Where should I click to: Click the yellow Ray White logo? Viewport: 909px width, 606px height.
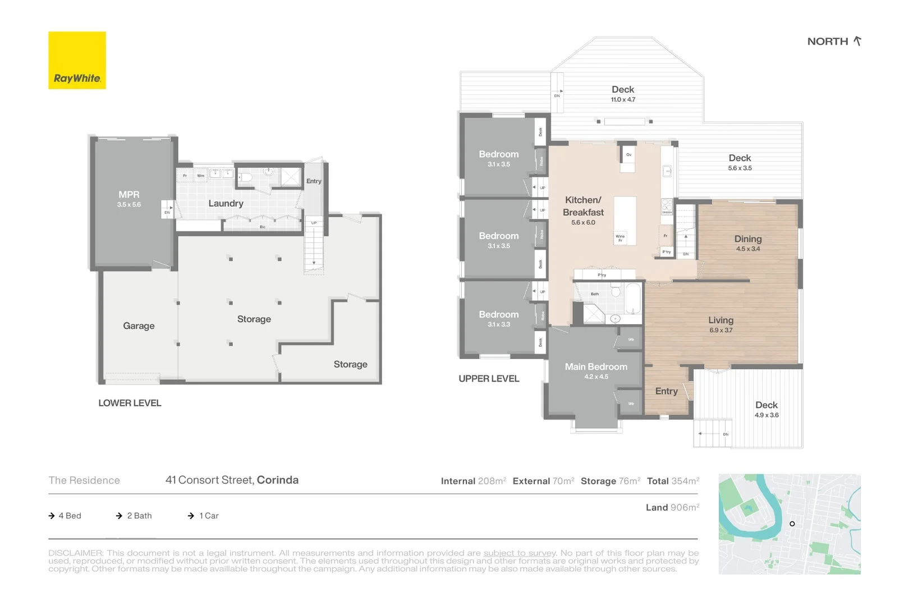(77, 60)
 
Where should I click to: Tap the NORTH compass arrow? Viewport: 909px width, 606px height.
(857, 41)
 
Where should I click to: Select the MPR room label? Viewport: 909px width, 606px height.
(128, 195)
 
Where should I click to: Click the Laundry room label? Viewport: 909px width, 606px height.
(226, 204)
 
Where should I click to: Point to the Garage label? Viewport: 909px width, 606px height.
(139, 326)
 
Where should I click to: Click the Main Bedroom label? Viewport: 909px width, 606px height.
(596, 367)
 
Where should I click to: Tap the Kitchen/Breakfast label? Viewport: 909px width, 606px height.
(583, 206)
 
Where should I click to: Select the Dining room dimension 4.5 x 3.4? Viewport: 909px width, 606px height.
(748, 249)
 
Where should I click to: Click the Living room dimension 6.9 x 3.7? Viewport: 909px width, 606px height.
(720, 330)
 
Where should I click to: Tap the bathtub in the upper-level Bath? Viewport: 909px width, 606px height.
(633, 299)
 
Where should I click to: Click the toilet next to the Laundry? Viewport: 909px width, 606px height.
(246, 178)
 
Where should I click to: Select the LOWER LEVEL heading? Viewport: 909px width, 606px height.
(130, 403)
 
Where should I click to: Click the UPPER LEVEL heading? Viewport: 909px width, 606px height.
(489, 379)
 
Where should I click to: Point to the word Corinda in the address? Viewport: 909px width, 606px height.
(277, 480)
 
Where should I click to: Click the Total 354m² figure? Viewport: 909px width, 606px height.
(673, 481)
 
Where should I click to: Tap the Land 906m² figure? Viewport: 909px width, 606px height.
(672, 508)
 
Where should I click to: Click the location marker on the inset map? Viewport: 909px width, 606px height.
(792, 524)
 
